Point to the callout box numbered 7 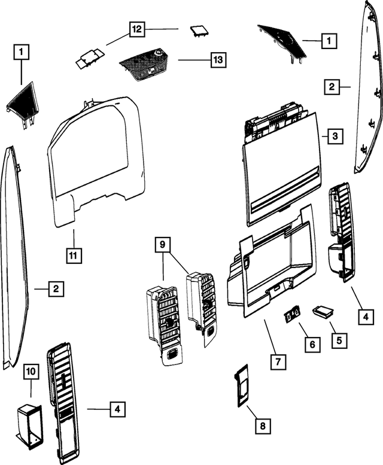tap(278, 361)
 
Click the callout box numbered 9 tap(162, 244)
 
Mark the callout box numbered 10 tap(30, 371)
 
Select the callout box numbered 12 tap(137, 29)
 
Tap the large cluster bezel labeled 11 tap(96, 162)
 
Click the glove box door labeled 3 tap(281, 168)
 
